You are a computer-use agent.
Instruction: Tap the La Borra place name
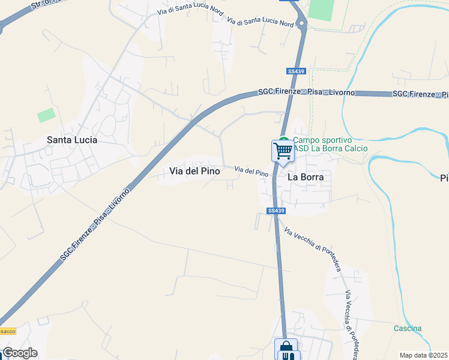(306, 177)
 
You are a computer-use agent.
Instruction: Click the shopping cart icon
(282, 150)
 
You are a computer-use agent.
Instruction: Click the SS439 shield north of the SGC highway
(297, 71)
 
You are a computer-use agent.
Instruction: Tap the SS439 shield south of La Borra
(276, 211)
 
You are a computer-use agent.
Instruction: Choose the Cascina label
(408, 328)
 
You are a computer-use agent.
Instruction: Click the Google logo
(20, 353)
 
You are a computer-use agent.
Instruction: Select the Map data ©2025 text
(423, 355)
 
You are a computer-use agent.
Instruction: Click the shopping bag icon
(286, 347)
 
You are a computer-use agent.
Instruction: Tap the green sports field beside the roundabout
(321, 10)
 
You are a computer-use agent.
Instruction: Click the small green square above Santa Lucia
(46, 115)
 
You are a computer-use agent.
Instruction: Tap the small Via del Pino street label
(251, 172)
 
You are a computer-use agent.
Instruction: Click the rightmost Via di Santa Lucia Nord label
(261, 23)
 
